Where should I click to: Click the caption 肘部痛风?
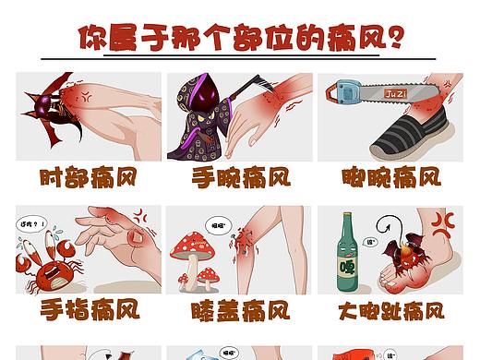point(89,177)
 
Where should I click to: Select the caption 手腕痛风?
point(240,177)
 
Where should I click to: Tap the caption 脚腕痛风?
point(392,177)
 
